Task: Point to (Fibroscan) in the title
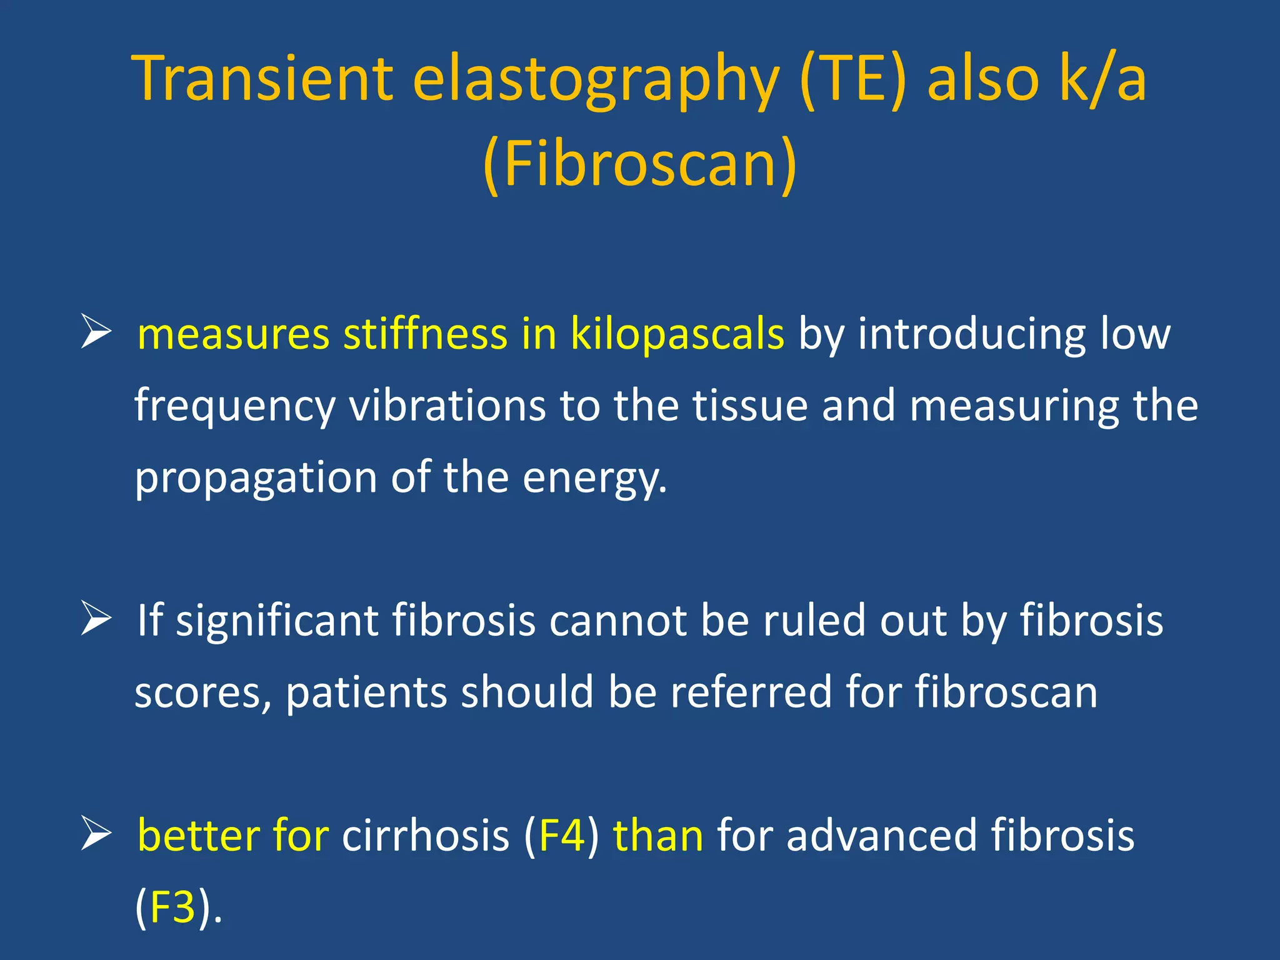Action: (640, 164)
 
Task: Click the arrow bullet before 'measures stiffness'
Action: (96, 332)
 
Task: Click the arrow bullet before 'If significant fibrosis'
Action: (96, 619)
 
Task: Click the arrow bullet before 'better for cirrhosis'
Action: (96, 835)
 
